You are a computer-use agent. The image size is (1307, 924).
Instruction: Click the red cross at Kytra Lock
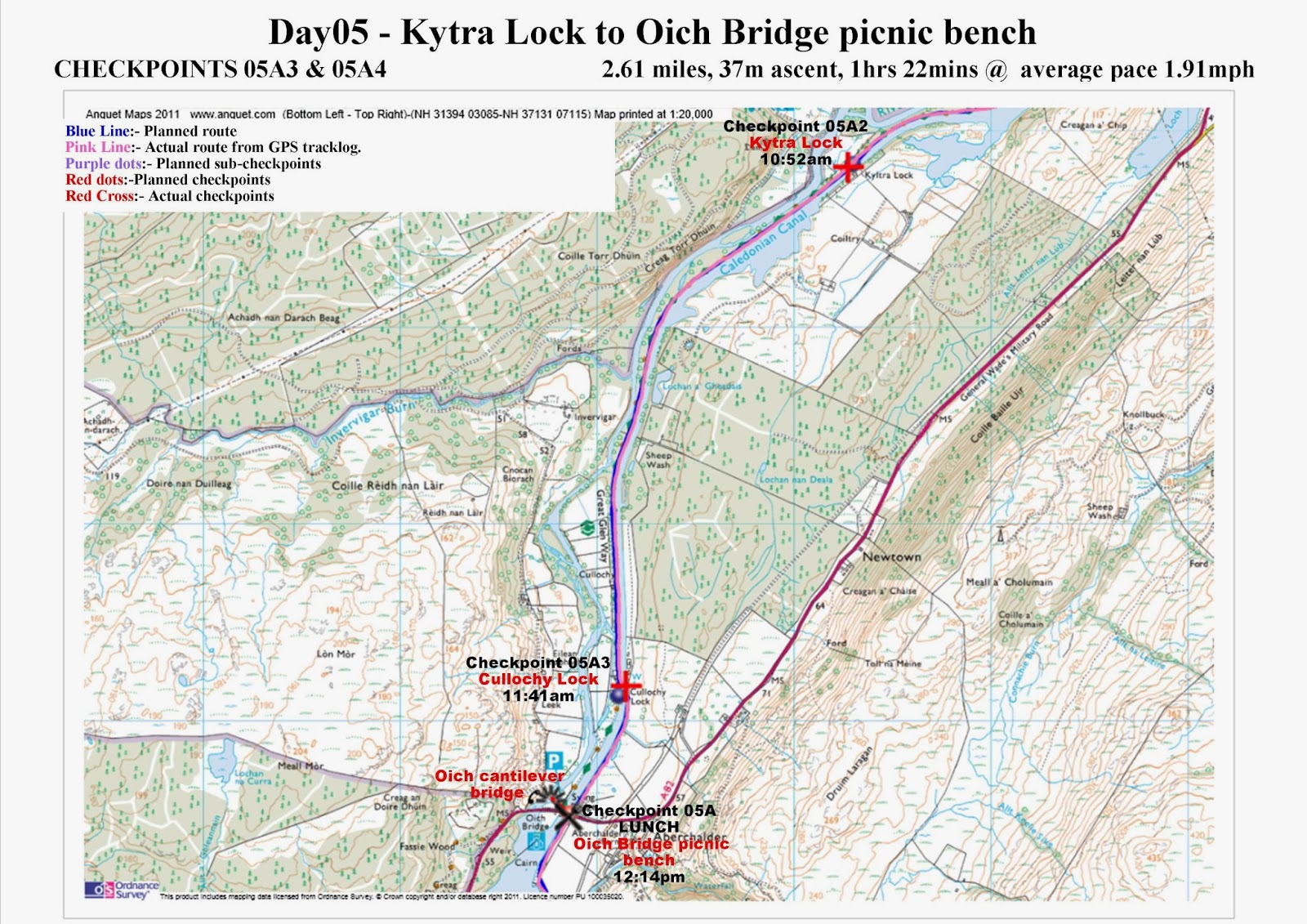tap(848, 167)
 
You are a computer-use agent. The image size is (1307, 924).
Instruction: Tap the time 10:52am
tap(795, 159)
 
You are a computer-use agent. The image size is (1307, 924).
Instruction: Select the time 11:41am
tap(538, 696)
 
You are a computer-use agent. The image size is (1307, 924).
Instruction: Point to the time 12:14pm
tap(649, 877)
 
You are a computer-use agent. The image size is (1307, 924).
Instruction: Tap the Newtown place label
tap(891, 556)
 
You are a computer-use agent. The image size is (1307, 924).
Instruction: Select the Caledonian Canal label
tap(763, 242)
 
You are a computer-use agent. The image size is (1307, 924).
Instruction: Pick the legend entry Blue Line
tap(97, 131)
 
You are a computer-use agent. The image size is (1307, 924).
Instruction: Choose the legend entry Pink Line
tap(98, 147)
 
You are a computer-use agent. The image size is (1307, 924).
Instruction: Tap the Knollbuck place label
tap(1143, 414)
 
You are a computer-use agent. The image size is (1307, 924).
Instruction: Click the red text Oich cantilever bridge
tap(498, 783)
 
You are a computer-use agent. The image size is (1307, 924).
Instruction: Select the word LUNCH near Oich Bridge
tap(649, 827)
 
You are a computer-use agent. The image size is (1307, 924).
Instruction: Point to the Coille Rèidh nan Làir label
tap(387, 485)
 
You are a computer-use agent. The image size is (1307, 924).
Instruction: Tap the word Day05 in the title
tap(319, 33)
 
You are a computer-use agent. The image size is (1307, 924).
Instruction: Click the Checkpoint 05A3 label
tap(538, 663)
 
